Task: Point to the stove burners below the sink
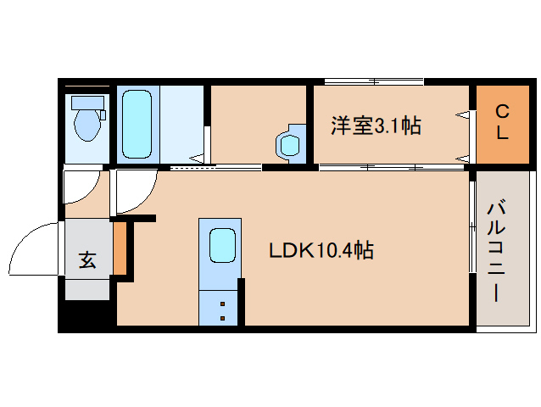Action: [222, 309]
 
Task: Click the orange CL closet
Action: [501, 123]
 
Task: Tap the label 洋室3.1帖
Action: [376, 126]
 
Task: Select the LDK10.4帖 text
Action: [321, 251]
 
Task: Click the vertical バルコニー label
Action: [497, 252]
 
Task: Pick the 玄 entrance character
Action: [87, 259]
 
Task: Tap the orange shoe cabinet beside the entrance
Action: [120, 248]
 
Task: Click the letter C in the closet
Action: [501, 110]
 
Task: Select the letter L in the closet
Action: [501, 134]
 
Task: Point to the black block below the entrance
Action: [85, 316]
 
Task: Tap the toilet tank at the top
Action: [86, 103]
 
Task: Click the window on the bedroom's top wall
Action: [373, 82]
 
